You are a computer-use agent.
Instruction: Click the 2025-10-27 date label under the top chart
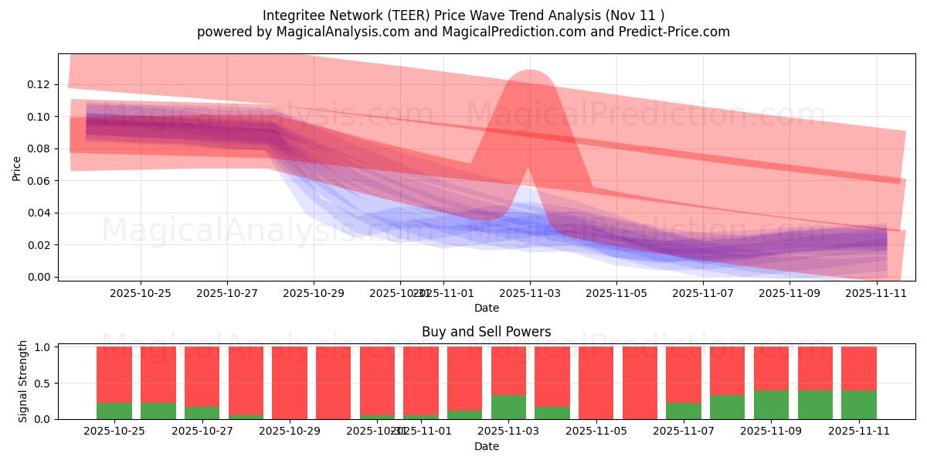coord(227,293)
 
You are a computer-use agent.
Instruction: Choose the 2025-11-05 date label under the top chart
coord(616,293)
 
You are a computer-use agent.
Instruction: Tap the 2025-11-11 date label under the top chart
coord(876,293)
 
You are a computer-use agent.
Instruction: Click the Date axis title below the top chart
coord(487,308)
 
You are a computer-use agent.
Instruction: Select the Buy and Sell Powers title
coord(487,332)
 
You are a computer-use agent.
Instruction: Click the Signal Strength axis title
coord(23,381)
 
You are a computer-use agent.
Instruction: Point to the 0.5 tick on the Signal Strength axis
coord(43,383)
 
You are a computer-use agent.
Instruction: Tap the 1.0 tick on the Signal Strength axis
coord(43,347)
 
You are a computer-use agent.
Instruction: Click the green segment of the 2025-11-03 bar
coord(508,407)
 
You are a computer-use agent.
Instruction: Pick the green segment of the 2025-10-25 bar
coord(114,411)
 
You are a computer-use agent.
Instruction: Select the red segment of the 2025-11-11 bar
coord(859,368)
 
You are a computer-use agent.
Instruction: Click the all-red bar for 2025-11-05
coord(596,383)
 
